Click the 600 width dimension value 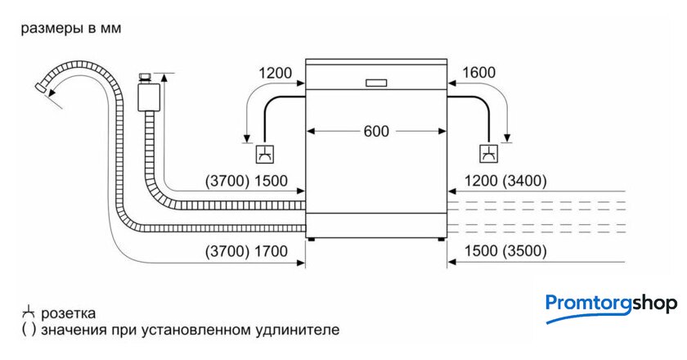tap(376, 131)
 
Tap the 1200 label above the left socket tap(275, 74)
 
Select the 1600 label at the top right tap(478, 74)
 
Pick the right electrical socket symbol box tap(487, 153)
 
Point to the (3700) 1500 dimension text tap(246, 181)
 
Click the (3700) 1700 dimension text tap(246, 251)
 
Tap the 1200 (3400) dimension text tap(504, 181)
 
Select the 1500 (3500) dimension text tap(504, 251)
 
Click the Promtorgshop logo tap(611, 305)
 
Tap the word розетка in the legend tap(69, 313)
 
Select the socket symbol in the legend tap(28, 313)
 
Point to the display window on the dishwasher tap(376, 82)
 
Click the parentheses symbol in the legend tap(28, 331)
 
